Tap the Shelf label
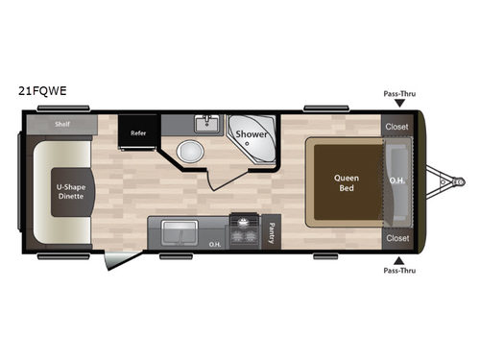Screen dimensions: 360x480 62,125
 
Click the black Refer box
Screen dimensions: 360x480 138,133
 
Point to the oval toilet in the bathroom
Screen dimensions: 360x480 190,151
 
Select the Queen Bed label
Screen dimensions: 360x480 346,182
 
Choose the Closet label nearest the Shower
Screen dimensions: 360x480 396,127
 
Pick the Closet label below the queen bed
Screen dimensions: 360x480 396,237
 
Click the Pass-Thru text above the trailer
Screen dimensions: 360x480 398,95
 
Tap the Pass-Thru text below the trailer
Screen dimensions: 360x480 398,272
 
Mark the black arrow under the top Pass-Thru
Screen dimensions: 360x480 398,108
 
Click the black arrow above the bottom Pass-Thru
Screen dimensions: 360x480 398,258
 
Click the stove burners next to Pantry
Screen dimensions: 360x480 245,231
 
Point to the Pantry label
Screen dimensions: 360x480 272,231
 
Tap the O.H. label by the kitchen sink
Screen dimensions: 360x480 215,243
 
